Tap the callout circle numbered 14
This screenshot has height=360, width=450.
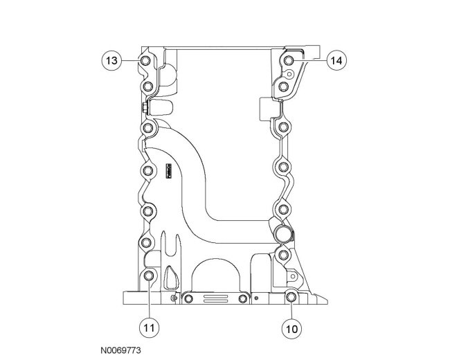pos(337,61)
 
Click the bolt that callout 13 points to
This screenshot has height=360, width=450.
pos(145,62)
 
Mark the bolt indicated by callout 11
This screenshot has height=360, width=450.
pos(149,277)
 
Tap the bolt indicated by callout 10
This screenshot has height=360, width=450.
pos(291,298)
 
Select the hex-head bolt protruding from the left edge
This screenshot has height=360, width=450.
pos(143,107)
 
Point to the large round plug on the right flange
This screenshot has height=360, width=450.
pos(282,232)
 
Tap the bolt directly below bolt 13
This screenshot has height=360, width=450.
pos(147,87)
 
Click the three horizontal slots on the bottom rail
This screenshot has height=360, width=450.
pos(215,299)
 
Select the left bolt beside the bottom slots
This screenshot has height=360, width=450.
pos(189,299)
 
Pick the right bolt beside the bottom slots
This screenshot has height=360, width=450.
pos(242,299)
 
